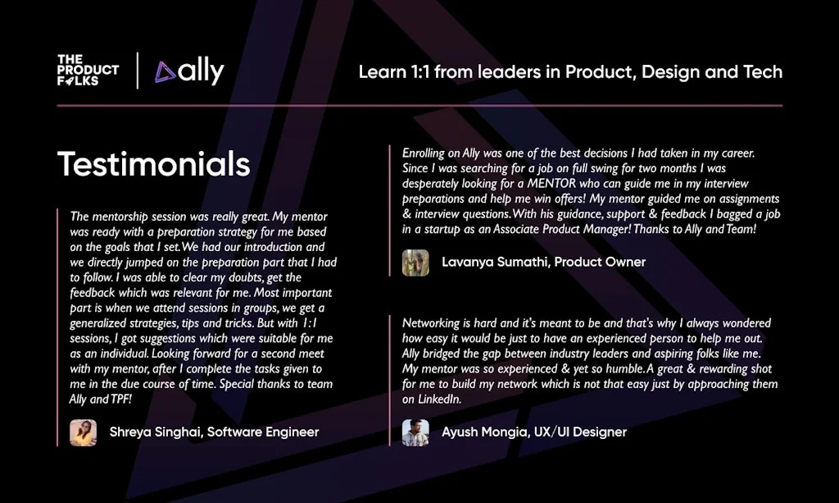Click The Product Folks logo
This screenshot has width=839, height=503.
tap(88, 71)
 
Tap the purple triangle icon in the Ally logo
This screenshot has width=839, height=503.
tap(166, 72)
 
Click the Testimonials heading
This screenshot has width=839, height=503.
tap(153, 164)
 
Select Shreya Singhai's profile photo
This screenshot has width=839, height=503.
tap(83, 432)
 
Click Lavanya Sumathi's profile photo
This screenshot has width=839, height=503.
tap(415, 263)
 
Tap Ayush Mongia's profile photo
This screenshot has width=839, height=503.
tap(415, 432)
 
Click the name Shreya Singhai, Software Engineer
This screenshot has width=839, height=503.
tap(214, 432)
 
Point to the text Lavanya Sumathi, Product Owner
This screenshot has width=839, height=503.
tap(543, 262)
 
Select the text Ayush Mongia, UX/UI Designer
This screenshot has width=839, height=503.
tap(533, 432)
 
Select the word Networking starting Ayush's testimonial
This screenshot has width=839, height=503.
tap(431, 323)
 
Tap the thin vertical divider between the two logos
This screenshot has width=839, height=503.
tap(137, 71)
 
